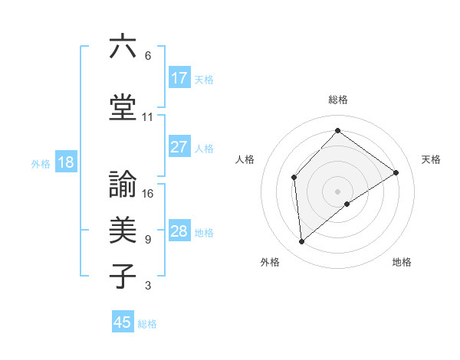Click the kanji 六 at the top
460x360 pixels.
click(x=123, y=47)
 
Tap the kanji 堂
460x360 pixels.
click(x=123, y=108)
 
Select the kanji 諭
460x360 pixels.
click(x=123, y=184)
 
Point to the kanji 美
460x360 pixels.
click(x=123, y=229)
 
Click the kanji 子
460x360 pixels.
click(x=123, y=276)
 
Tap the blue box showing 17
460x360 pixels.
click(x=179, y=77)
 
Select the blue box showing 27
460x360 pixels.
click(x=179, y=146)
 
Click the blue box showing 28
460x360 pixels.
click(x=179, y=231)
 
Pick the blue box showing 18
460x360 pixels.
click(x=64, y=162)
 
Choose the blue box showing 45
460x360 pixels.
click(x=123, y=322)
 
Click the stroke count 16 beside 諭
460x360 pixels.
click(x=148, y=193)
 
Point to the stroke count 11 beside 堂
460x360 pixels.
click(x=148, y=117)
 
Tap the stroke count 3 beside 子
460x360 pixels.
click(x=148, y=286)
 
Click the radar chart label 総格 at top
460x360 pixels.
click(x=337, y=100)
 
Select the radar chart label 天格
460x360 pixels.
click(x=431, y=159)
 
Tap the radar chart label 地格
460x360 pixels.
click(x=402, y=262)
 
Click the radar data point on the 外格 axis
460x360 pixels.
click(x=302, y=242)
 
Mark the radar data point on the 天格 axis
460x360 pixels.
click(x=396, y=172)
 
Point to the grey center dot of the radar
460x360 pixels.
click(x=337, y=191)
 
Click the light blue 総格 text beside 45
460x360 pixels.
click(x=147, y=324)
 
